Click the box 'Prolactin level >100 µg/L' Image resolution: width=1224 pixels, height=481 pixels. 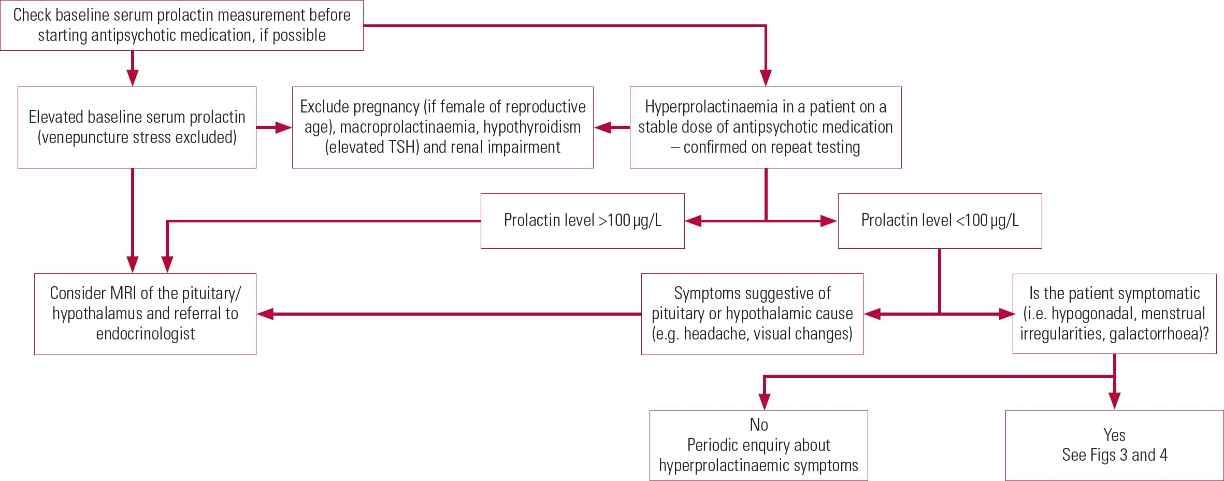(x=582, y=221)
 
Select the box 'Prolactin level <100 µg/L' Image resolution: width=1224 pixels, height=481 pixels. (x=940, y=221)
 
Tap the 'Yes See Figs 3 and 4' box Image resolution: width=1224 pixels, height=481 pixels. (x=1114, y=445)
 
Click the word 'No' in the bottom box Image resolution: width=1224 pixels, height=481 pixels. (x=759, y=425)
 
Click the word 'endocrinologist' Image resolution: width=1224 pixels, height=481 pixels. (x=145, y=334)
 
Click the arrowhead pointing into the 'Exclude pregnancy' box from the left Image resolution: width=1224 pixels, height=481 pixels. (x=283, y=128)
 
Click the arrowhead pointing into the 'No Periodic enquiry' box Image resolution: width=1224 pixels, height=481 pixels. (x=764, y=401)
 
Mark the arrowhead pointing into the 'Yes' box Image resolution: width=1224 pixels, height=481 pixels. (x=1114, y=401)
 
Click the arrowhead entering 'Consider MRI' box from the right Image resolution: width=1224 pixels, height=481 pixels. (x=266, y=314)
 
